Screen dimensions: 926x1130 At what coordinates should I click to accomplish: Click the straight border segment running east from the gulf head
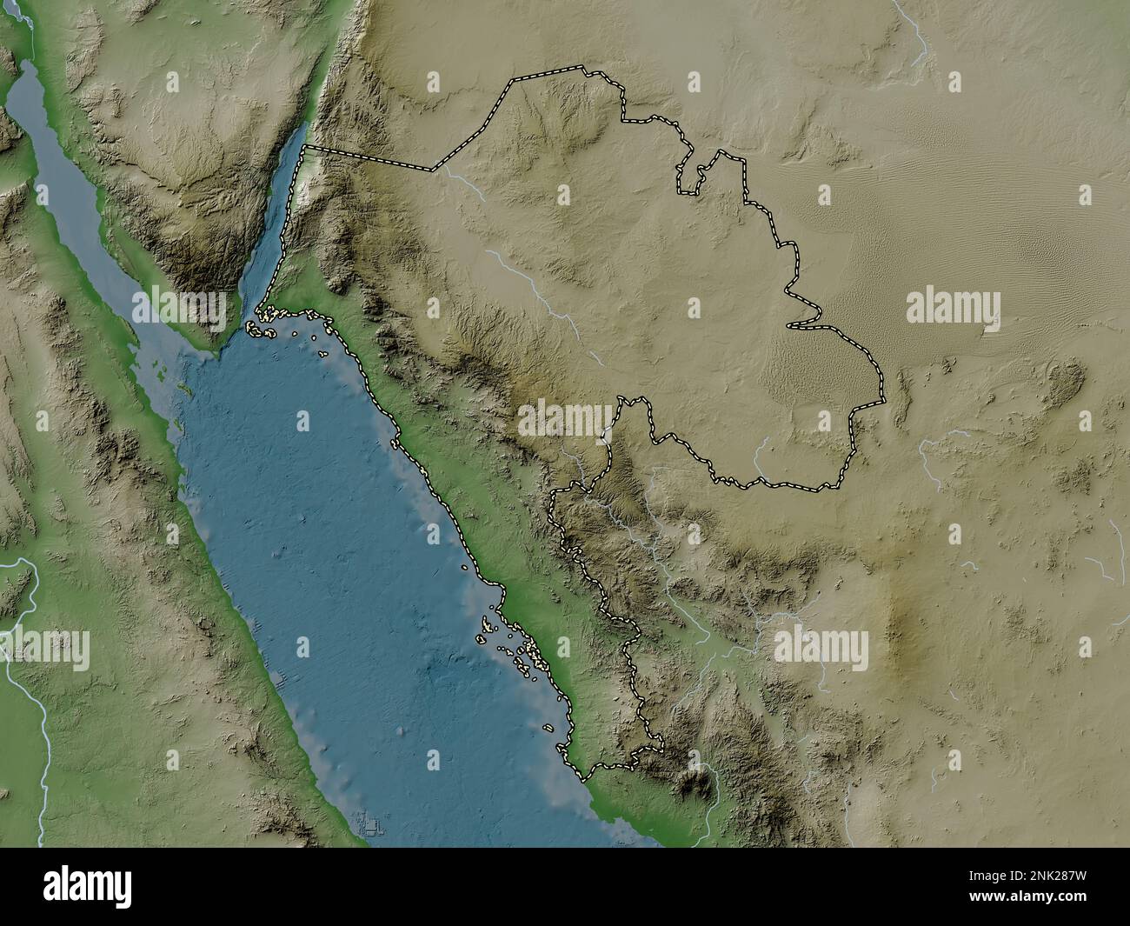tap(369, 158)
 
